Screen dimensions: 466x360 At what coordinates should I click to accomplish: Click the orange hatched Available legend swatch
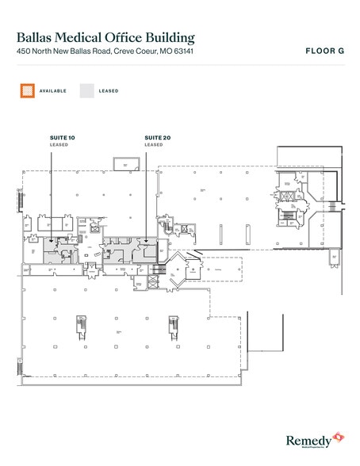28,91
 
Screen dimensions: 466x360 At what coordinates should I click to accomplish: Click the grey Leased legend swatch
85,91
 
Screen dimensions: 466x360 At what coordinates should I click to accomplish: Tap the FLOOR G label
324,51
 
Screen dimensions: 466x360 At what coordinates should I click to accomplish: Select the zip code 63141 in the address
182,52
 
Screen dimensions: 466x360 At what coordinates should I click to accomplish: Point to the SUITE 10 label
61,138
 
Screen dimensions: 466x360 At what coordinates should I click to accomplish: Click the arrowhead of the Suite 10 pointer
51,241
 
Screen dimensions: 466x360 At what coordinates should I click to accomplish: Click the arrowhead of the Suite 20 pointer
146,241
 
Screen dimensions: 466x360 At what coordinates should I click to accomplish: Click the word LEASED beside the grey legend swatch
109,91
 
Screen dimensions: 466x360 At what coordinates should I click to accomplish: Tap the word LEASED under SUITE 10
58,145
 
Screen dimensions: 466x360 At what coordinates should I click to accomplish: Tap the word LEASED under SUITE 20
153,145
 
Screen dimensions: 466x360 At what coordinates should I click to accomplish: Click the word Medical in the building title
87,36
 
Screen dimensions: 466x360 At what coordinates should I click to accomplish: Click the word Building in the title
166,36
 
